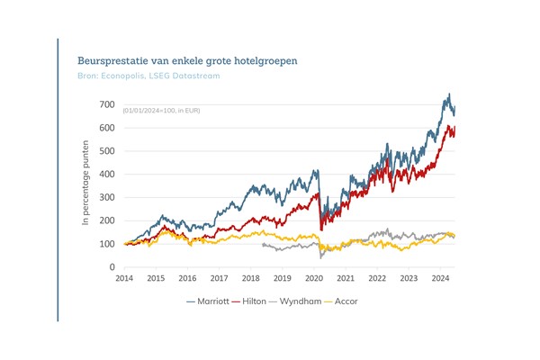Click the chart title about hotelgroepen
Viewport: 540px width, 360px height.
[187, 60]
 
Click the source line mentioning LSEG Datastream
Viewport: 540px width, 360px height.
[149, 76]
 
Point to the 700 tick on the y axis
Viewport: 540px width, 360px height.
[107, 104]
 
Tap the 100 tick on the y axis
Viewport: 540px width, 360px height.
[107, 244]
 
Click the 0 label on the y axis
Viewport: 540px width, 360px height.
[112, 267]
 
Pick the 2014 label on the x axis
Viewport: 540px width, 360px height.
[124, 279]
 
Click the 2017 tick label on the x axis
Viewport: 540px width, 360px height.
[219, 279]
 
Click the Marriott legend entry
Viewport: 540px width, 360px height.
[208, 301]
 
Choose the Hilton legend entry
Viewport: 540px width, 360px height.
[256, 301]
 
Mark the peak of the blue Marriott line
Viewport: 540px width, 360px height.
[448, 94]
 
